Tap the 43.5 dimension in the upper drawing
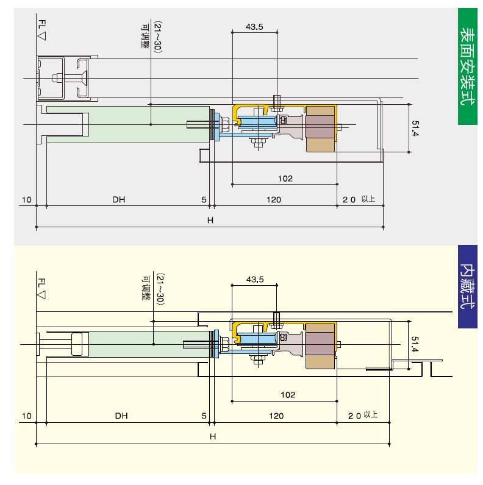coord(254,26)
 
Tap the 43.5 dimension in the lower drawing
coord(255,280)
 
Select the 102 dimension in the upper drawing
coord(285,178)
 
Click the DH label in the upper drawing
coord(119,199)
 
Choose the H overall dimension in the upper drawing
coord(210,221)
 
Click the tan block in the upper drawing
coord(321,129)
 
